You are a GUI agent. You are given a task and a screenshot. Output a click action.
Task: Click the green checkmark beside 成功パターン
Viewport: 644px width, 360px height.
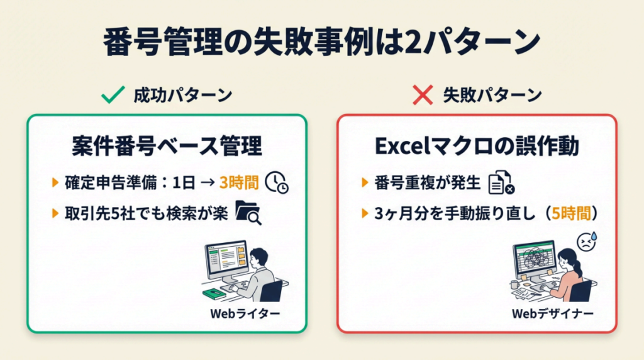click(x=113, y=95)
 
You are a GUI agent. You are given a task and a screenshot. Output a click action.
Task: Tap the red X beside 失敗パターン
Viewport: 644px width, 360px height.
click(x=423, y=95)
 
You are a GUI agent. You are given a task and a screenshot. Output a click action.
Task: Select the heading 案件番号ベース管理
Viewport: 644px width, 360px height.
click(x=167, y=146)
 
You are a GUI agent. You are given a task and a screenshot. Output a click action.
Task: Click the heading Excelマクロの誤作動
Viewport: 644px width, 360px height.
click(x=477, y=146)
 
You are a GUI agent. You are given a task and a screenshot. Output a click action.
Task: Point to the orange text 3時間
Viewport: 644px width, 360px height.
click(x=239, y=183)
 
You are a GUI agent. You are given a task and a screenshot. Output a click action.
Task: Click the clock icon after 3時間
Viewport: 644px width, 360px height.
click(x=277, y=182)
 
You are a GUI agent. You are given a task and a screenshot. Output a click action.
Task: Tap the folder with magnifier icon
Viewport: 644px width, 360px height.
click(x=248, y=213)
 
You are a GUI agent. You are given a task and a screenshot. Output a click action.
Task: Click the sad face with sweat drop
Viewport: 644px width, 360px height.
click(x=587, y=242)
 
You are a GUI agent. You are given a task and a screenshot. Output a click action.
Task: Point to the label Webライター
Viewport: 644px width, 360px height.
click(x=245, y=313)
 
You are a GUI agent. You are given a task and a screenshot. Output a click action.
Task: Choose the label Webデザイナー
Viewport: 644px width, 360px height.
click(x=552, y=313)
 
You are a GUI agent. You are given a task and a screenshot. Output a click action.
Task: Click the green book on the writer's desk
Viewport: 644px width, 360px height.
click(x=214, y=294)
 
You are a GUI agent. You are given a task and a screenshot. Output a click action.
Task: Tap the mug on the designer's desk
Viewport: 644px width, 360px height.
click(x=514, y=284)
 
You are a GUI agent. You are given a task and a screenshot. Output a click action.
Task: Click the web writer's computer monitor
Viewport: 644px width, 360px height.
click(x=226, y=260)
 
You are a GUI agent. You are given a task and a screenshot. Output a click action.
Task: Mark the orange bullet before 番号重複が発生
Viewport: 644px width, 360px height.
click(x=365, y=183)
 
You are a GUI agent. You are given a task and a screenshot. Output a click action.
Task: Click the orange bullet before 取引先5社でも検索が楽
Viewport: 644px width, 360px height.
click(x=55, y=213)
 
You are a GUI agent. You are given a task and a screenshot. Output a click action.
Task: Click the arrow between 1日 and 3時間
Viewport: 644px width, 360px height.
click(x=208, y=183)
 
